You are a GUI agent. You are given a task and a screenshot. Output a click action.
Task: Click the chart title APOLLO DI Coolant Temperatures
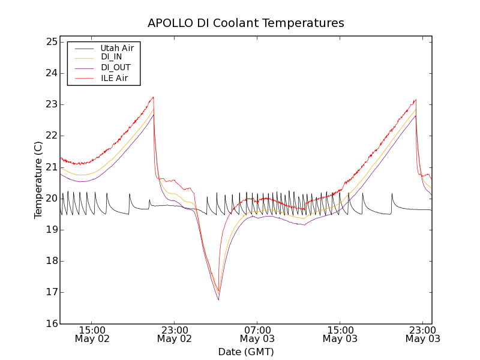coord(246,23)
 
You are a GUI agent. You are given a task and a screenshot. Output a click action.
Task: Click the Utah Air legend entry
coord(116,48)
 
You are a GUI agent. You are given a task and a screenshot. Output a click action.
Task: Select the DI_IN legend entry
coord(111,57)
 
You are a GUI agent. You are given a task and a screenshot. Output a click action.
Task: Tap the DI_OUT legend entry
coord(115,68)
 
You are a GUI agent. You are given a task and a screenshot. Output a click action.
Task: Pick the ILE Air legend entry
coord(113,78)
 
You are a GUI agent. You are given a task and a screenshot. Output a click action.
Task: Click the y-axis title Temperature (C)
coord(38,180)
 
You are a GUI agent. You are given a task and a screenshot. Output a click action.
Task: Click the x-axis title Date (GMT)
coord(246,352)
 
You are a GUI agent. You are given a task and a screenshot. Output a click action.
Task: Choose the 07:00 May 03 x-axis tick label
coord(257,334)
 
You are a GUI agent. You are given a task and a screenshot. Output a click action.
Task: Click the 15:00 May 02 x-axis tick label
coord(92,334)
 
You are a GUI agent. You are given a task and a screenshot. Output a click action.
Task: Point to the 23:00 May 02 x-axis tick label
coord(175,334)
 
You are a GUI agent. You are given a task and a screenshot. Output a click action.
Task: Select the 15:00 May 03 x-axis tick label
coord(340,334)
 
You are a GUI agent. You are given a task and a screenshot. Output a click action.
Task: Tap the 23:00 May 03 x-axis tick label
coord(422,334)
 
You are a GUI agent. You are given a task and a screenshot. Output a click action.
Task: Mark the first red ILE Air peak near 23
coord(154,97)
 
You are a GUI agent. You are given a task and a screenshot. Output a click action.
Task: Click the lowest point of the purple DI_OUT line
coord(218,299)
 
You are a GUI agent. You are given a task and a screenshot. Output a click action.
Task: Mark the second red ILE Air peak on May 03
coord(415,100)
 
